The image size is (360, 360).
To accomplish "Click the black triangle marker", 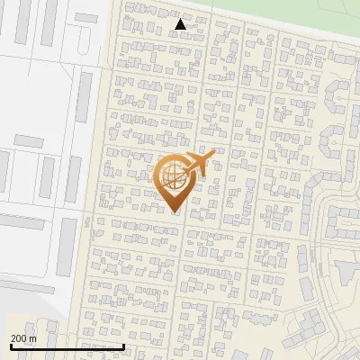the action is pos(181,24).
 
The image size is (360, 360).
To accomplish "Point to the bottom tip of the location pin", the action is pos(174,211).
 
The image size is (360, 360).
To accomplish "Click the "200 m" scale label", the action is pos(23,338).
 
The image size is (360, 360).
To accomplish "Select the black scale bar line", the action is pos(67,346).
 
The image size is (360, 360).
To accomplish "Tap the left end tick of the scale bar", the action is pos(10,346).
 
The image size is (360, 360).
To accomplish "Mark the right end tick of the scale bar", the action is pos(123,346).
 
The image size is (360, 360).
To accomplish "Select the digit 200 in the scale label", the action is pos(19,338).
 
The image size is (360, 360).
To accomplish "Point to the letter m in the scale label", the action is pos(33,338).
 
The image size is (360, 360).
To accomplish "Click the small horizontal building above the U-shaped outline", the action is pos(87,18).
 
